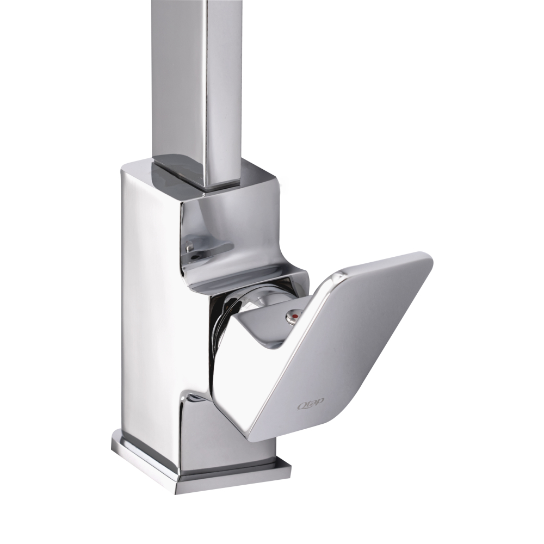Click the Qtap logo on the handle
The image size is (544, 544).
[x=310, y=404]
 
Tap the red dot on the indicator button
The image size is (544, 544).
[x=294, y=316]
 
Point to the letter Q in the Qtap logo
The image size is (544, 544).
[x=301, y=405]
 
